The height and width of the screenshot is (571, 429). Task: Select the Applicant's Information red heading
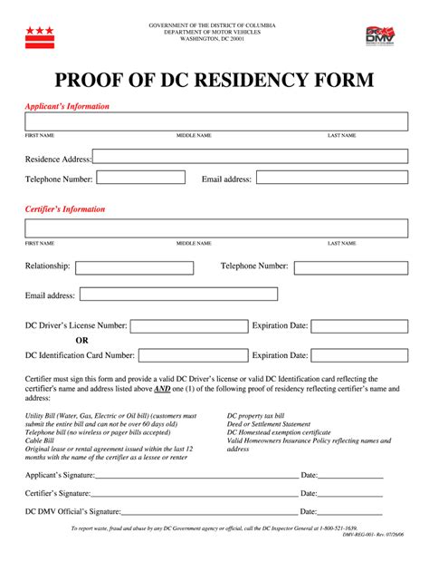pyautogui.click(x=67, y=106)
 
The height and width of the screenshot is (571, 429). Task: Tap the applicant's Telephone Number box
pyautogui.click(x=140, y=178)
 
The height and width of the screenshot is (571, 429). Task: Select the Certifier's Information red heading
pyautogui.click(x=65, y=209)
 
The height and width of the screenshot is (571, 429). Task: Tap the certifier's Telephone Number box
pyautogui.click(x=350, y=267)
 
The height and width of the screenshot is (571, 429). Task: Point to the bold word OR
pyautogui.click(x=81, y=341)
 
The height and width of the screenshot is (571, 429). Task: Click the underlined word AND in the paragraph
pyautogui.click(x=162, y=389)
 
